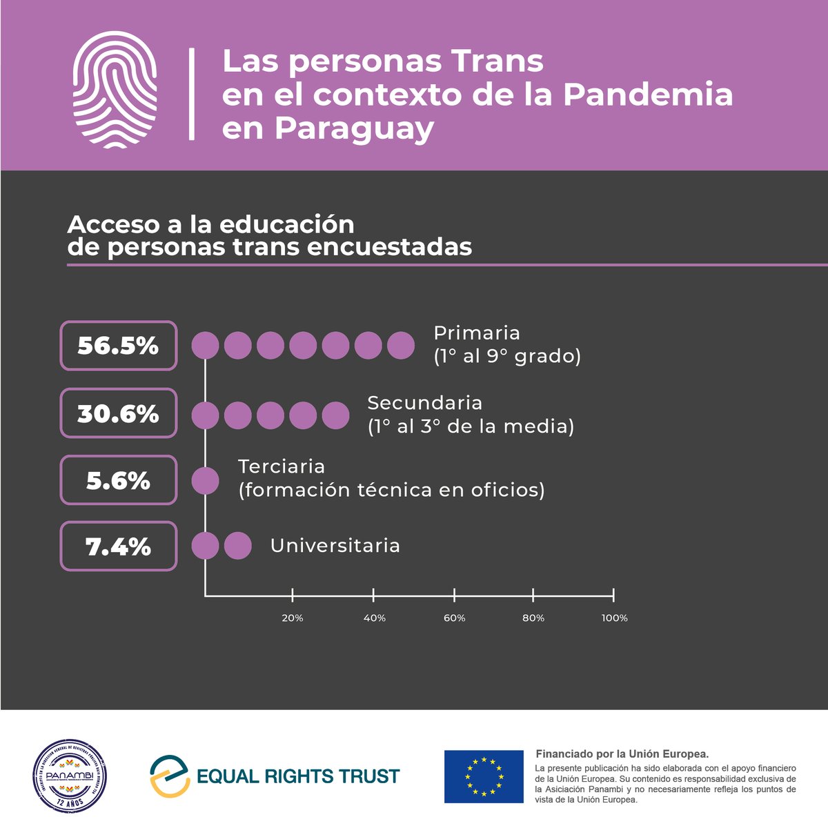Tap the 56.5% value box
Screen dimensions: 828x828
pos(119,346)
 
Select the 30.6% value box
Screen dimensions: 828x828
pos(119,413)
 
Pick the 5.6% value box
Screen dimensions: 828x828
pos(119,480)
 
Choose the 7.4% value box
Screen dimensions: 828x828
pos(119,546)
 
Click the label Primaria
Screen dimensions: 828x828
pos(476,333)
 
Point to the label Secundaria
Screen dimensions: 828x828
pos(424,403)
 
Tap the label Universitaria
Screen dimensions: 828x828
pos(335,546)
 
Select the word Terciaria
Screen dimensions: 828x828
pos(282,466)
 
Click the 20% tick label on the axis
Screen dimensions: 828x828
pos(293,618)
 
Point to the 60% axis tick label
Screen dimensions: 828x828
pos(454,618)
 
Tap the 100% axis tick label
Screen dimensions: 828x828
pos(614,618)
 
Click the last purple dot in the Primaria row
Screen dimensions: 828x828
pos(400,346)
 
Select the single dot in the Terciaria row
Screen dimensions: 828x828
pos(205,480)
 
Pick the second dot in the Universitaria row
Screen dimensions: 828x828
pos(237,546)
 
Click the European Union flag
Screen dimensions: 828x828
pos(483,776)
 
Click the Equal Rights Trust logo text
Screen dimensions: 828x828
pos(298,776)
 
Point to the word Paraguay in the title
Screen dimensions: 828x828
pos(328,129)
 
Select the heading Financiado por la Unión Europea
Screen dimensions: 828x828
pos(622,754)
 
